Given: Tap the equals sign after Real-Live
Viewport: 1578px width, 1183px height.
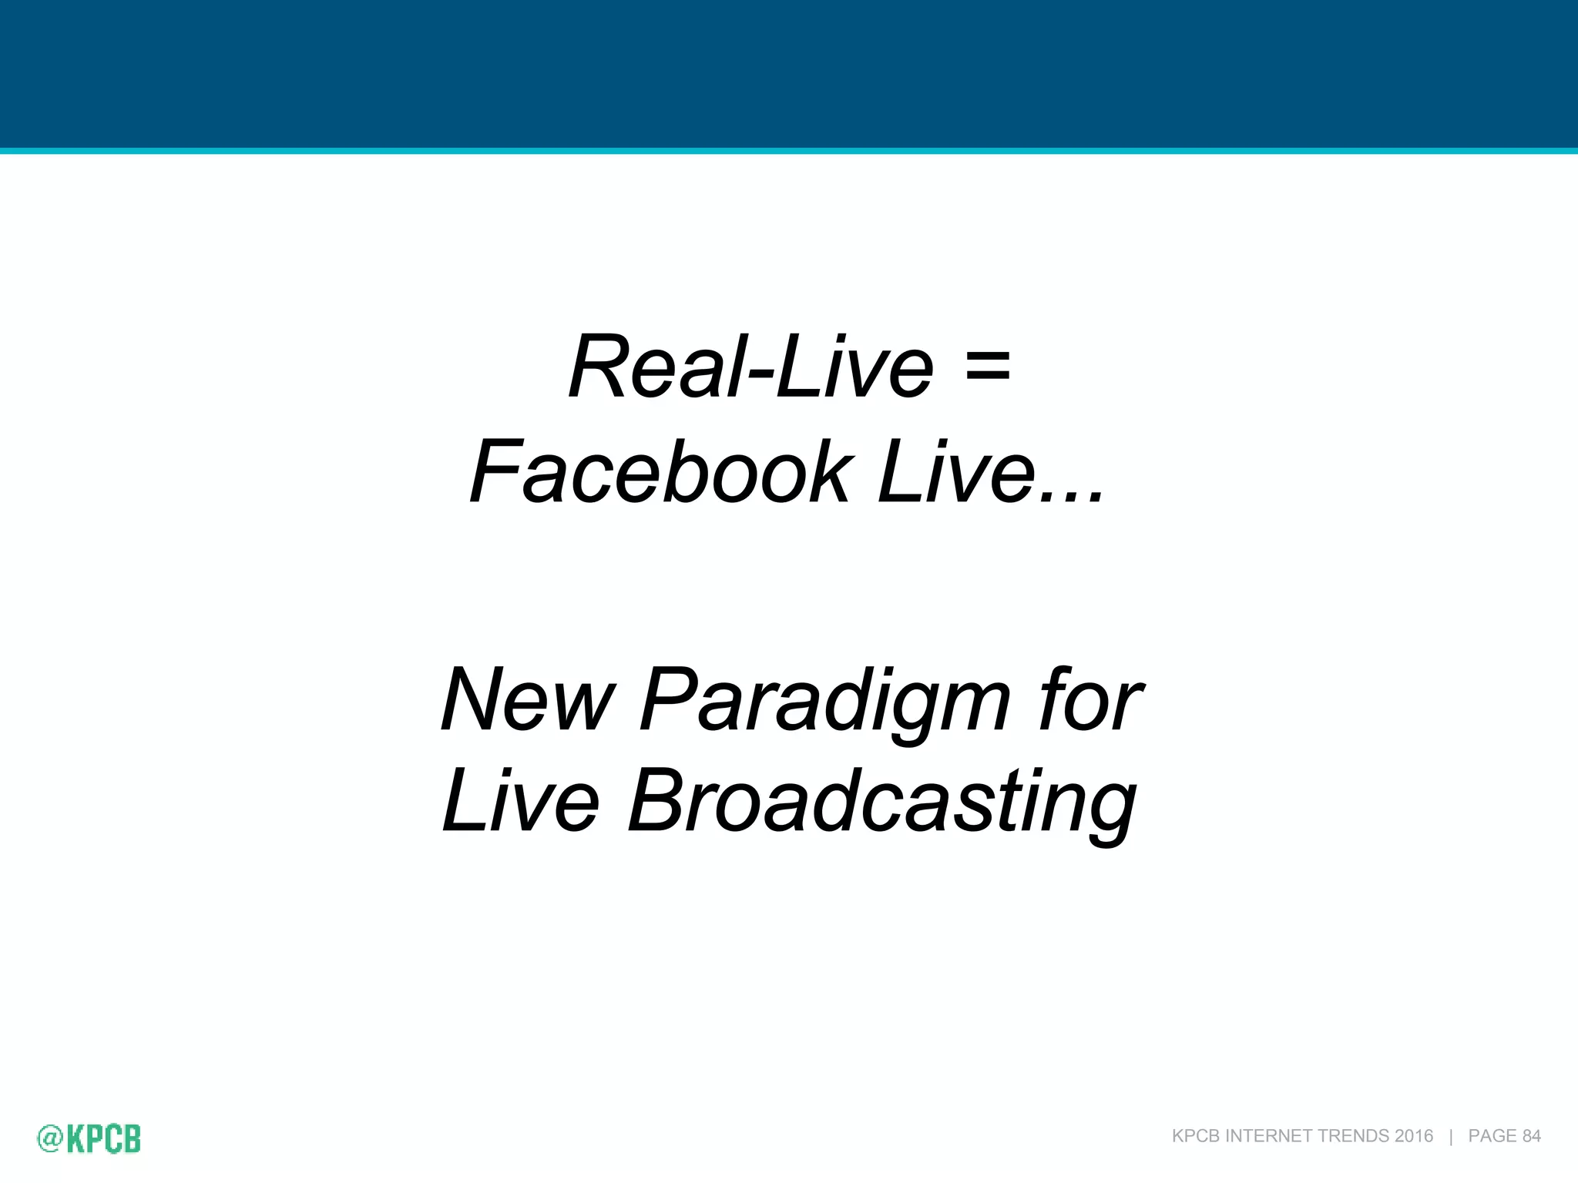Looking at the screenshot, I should point(987,367).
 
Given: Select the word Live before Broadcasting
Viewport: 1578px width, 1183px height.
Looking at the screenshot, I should point(521,801).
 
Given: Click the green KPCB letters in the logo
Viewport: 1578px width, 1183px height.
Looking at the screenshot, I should point(104,1139).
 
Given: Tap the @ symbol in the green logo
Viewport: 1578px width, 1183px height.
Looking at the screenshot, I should point(49,1139).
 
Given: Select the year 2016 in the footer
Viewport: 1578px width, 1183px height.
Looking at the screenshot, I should point(1414,1136).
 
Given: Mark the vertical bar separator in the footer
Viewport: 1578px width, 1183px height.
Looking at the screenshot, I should point(1451,1136).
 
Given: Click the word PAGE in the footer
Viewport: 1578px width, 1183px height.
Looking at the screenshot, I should point(1492,1136).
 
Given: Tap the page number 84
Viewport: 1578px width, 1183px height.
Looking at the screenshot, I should point(1532,1136).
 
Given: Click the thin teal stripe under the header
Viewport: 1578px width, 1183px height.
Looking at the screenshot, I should point(789,151).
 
